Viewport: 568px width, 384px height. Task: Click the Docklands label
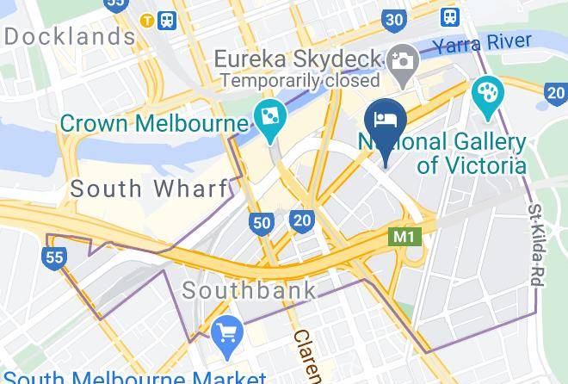(70, 37)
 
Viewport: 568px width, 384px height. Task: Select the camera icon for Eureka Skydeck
(402, 60)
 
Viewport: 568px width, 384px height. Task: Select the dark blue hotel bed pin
(385, 121)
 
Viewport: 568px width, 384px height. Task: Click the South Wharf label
(148, 189)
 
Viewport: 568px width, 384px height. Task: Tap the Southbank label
(250, 289)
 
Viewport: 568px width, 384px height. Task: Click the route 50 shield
(262, 224)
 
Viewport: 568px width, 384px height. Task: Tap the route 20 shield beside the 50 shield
(301, 220)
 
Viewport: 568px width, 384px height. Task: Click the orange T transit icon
(148, 19)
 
